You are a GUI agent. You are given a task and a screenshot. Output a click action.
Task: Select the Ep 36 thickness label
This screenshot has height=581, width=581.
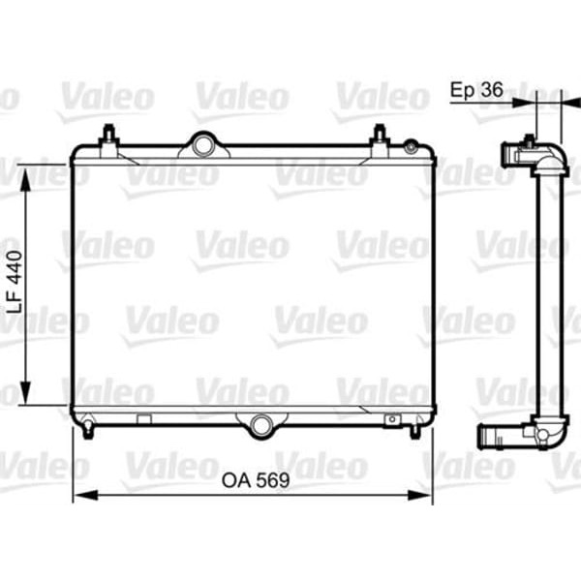point(476,89)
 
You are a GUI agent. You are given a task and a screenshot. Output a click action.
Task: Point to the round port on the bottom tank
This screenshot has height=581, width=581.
point(260,422)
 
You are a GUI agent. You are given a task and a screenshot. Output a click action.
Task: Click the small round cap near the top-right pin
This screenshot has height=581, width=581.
point(412,147)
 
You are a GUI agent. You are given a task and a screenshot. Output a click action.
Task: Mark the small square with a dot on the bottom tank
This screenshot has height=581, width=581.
point(392,419)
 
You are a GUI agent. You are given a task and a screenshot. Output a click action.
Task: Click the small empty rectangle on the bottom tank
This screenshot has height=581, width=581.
point(144,419)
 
